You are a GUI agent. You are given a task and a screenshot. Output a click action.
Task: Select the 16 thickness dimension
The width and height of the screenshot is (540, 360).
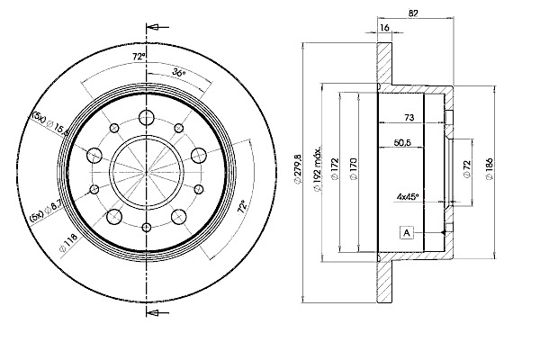[384, 29]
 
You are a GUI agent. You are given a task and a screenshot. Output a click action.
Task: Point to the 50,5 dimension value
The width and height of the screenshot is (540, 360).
[403, 141]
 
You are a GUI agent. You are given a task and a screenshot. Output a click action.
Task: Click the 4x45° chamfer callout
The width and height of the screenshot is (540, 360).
[409, 195]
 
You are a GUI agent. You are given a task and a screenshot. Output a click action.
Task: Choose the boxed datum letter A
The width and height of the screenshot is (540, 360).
[407, 233]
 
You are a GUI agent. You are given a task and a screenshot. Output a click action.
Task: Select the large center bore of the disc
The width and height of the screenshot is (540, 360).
[145, 169]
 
